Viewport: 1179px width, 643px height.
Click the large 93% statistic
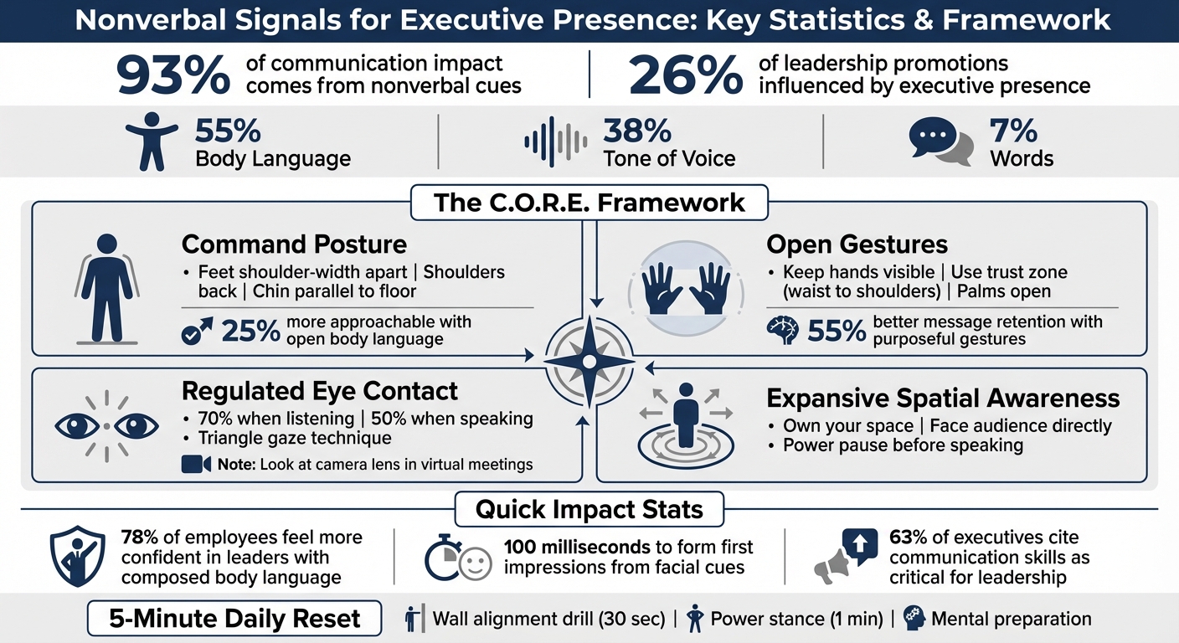click(x=173, y=76)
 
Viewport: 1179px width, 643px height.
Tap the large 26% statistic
click(x=686, y=76)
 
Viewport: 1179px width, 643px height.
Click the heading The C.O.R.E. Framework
click(x=589, y=203)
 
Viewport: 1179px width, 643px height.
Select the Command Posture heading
click(x=294, y=244)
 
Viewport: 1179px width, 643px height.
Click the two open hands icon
click(x=687, y=290)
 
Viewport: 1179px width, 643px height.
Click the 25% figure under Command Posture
click(x=250, y=332)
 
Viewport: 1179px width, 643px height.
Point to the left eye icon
click(x=77, y=426)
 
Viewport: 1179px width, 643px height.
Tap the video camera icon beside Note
click(x=196, y=465)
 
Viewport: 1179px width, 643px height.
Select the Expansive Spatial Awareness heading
click(x=943, y=398)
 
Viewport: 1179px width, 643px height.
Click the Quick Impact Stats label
click(x=589, y=509)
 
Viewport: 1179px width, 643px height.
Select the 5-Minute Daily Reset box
click(x=234, y=620)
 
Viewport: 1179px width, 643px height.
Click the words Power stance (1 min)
click(x=796, y=620)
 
